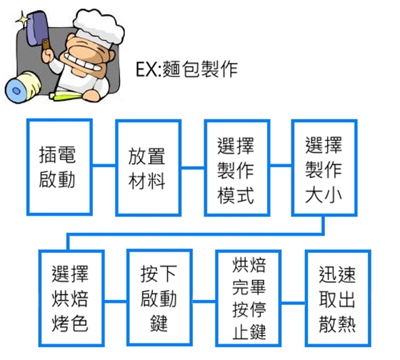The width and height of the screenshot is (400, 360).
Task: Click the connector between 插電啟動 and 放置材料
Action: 104,165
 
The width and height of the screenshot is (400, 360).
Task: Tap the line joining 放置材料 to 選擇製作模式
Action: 193,167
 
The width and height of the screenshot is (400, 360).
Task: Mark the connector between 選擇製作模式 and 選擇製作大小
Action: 281,165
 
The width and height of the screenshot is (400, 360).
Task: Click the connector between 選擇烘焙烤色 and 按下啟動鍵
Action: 115,301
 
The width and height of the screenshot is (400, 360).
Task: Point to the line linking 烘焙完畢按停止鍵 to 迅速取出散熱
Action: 293,303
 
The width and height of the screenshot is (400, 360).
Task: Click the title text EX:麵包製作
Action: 186,69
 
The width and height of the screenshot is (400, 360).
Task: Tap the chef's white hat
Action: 99,27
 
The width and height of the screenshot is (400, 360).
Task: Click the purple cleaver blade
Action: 36,26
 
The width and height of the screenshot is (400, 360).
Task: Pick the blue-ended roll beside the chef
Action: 23,86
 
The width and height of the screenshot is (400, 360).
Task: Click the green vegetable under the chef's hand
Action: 66,96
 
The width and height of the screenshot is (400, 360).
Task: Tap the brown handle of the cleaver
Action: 46,44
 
